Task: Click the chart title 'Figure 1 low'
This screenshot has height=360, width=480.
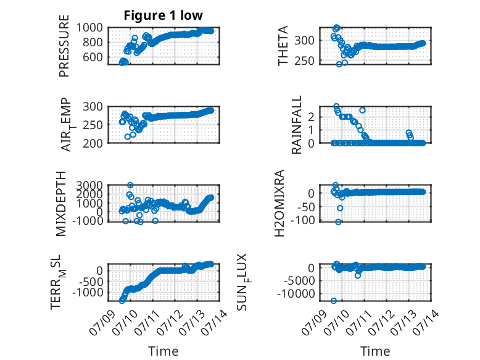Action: (163, 15)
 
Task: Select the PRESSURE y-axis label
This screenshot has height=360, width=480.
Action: (64, 46)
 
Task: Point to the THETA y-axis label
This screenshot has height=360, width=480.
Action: (283, 46)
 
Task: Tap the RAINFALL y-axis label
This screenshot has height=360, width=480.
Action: (297, 125)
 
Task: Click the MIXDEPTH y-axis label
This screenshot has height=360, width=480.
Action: (61, 204)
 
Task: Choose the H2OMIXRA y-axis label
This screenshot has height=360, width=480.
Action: (279, 203)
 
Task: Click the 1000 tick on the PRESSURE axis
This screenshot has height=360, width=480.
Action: (89, 28)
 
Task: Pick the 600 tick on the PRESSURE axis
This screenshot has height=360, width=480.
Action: (93, 57)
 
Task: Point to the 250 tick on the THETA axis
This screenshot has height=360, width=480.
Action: (305, 61)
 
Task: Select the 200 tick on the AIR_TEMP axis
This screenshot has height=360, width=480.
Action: (93, 143)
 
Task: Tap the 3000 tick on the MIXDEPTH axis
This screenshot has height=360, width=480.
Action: (89, 185)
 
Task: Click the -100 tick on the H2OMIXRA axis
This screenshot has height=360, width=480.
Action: (302, 220)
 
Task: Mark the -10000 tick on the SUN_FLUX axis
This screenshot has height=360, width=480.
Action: (296, 294)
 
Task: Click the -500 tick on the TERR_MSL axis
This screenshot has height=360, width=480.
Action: (91, 281)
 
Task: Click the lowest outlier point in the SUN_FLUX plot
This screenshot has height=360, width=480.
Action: (334, 301)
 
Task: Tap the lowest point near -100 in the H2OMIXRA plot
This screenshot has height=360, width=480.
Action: (338, 222)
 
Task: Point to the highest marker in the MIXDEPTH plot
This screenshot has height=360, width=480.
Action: (130, 185)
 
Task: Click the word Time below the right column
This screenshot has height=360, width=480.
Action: (375, 351)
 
